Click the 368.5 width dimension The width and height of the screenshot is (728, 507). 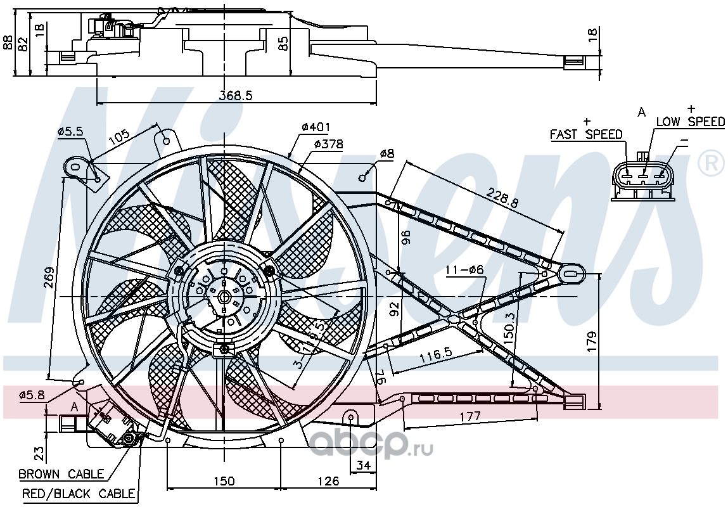click(236, 95)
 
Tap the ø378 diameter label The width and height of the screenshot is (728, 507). click(328, 144)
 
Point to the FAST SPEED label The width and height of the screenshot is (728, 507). click(586, 134)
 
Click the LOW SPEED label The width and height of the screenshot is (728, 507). click(691, 122)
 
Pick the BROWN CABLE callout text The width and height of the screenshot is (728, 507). click(61, 474)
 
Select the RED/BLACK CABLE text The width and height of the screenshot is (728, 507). click(79, 494)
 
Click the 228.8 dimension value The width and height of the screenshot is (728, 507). click(502, 197)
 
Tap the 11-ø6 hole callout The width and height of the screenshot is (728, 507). click(464, 270)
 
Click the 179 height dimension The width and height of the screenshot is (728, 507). click(592, 341)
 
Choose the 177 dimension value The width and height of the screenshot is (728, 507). click(470, 416)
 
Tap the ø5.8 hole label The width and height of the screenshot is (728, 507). click(32, 395)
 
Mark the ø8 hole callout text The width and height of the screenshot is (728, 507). click(386, 154)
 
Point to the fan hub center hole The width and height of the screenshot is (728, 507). click(224, 297)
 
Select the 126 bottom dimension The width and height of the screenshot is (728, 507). click(329, 481)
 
